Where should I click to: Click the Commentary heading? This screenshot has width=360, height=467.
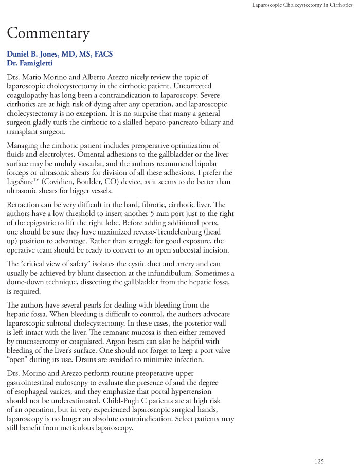click(x=48, y=33)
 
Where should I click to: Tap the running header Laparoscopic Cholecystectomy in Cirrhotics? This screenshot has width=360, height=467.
click(x=302, y=5)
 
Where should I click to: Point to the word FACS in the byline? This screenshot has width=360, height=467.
click(x=102, y=54)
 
